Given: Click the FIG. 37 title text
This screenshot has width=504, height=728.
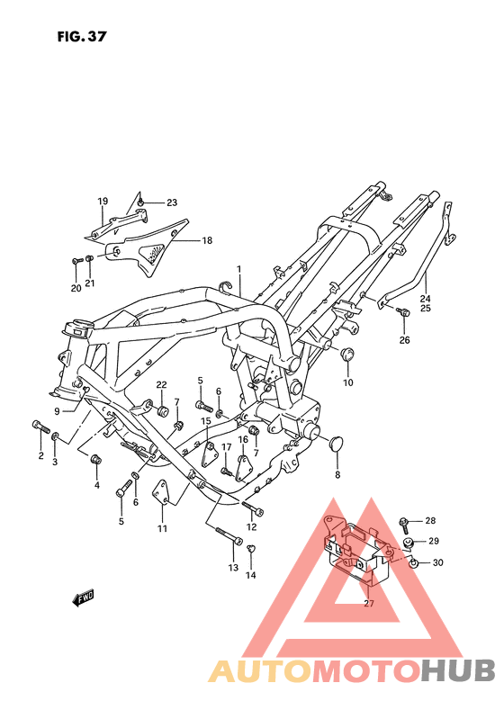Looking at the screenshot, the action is point(82,36).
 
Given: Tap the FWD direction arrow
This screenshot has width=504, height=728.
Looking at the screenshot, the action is point(84,598).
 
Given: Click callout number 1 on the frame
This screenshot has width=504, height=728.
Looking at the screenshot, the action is point(239,269).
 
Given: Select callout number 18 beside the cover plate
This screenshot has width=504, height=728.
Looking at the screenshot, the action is point(207,240).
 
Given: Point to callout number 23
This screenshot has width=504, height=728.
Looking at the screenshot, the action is point(172,202).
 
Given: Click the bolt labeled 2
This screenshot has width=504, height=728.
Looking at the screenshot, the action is point(40,427).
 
